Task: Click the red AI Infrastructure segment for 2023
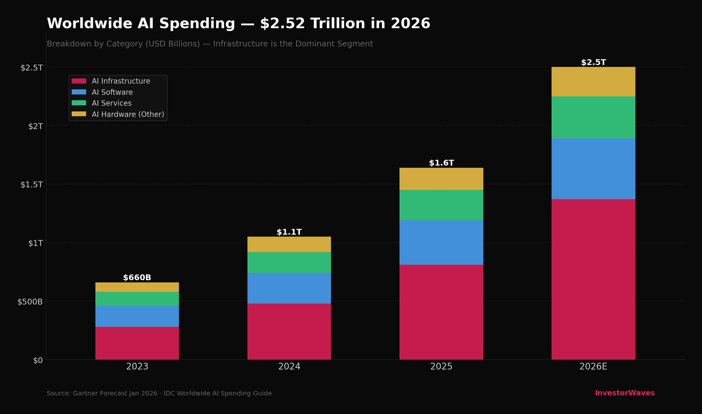click(137, 343)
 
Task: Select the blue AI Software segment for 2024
click(289, 288)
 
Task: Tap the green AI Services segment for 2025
click(441, 205)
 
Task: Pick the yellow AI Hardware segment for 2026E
click(593, 82)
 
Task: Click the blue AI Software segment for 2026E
click(593, 169)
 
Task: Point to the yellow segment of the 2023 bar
click(137, 287)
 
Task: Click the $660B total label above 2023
click(137, 278)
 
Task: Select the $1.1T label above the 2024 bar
click(289, 232)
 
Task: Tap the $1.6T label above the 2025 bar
click(441, 163)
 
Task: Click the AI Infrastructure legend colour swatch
click(79, 81)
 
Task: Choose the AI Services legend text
click(112, 103)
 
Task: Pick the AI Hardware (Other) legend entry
click(128, 114)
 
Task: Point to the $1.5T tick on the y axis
click(32, 184)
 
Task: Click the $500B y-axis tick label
click(30, 302)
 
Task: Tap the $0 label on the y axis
click(38, 361)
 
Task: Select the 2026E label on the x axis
click(593, 367)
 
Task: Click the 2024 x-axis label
click(289, 367)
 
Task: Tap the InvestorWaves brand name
click(625, 393)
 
